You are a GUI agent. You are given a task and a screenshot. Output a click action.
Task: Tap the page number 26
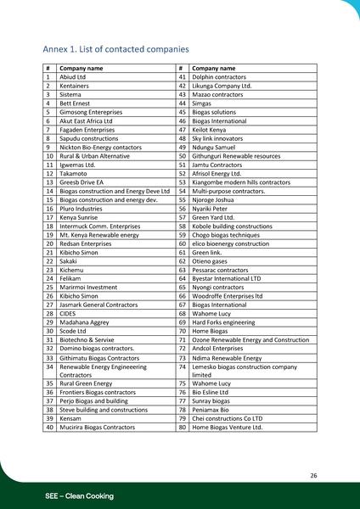pyautogui.click(x=313, y=476)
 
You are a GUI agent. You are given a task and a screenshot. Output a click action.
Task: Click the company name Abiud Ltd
pyautogui.click(x=70, y=76)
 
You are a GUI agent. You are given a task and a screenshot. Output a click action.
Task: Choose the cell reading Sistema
pyautogui.click(x=70, y=94)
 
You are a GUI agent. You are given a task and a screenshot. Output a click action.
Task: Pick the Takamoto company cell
pyautogui.click(x=73, y=173)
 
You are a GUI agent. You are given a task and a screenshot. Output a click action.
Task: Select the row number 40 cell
pyautogui.click(x=49, y=427)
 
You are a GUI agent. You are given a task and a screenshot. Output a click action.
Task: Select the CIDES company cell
pyautogui.click(x=68, y=314)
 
